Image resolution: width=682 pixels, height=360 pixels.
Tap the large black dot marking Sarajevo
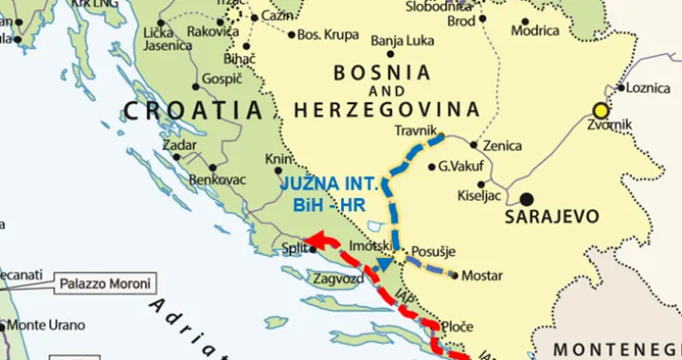pyautogui.click(x=526, y=200)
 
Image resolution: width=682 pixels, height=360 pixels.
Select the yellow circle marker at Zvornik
pyautogui.click(x=599, y=110)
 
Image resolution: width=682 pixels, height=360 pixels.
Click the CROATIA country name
pyautogui.click(x=192, y=111)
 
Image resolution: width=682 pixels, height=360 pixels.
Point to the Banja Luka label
pyautogui.click(x=402, y=41)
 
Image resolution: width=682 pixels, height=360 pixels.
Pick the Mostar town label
pyautogui.click(x=482, y=276)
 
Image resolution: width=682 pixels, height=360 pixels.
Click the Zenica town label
pyautogui.click(x=502, y=146)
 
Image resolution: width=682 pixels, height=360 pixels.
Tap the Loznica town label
pyautogui.click(x=648, y=88)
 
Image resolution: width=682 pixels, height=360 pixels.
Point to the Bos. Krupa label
pyautogui.click(x=328, y=35)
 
